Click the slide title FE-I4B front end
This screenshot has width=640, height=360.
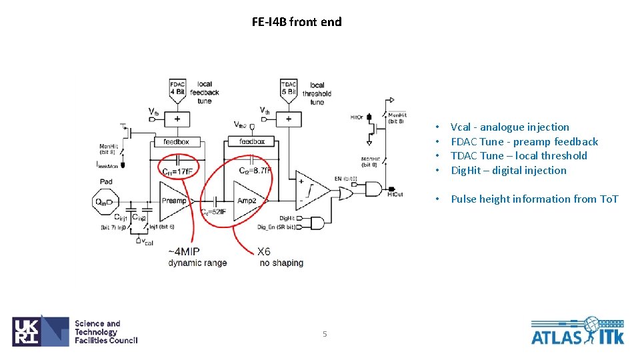(x=297, y=22)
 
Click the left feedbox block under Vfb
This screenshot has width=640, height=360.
(x=177, y=142)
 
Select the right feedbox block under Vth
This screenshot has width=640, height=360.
(x=251, y=142)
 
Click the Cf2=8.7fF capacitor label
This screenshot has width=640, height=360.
(x=255, y=171)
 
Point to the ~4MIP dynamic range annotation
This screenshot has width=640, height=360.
(x=197, y=257)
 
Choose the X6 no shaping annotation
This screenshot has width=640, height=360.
(x=281, y=257)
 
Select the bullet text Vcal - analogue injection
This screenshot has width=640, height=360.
(x=509, y=127)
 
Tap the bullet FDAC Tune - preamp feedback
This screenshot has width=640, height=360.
(x=524, y=141)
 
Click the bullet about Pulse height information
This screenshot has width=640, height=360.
(x=534, y=199)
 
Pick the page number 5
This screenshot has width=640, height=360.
(x=325, y=334)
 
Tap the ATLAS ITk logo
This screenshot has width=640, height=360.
(x=577, y=331)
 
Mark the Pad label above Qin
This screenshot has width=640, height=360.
(x=106, y=181)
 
